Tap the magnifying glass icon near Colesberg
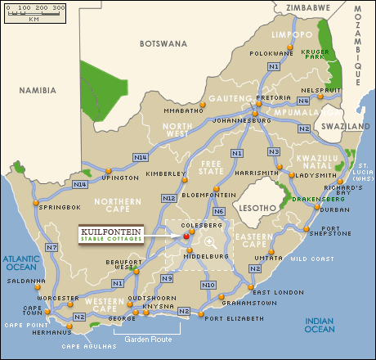(211, 241)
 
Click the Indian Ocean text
(319, 325)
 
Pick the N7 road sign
(51, 247)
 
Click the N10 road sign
(208, 285)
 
